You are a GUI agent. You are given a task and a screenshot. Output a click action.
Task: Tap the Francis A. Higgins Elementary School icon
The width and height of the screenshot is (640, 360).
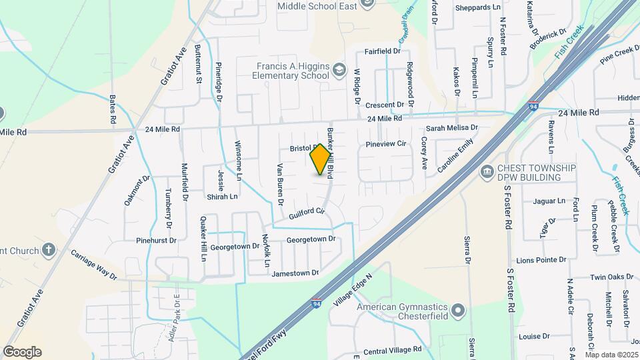coord(339,70)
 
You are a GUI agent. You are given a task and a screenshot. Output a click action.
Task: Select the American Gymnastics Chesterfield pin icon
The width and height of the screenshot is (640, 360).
coord(457,311)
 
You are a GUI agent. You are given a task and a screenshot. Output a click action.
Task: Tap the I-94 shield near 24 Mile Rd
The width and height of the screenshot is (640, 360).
coord(533,107)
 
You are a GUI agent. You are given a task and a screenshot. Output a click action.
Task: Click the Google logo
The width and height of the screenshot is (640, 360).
coord(22,352)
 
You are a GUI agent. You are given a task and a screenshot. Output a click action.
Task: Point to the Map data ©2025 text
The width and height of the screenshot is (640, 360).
coord(611,354)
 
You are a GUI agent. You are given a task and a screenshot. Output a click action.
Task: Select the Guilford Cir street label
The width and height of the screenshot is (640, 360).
coord(307,214)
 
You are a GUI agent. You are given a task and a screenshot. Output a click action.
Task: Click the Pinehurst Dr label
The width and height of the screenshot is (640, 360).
coord(156,240)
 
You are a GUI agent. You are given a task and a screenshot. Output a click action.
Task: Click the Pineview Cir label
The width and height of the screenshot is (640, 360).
coord(386,143)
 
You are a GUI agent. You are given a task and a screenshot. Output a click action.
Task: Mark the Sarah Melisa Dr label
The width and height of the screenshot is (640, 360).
coord(453,127)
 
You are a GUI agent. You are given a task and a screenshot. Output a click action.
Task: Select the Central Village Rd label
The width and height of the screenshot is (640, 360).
coord(393,349)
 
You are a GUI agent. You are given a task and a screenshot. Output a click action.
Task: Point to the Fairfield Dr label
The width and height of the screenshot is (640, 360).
coord(382,51)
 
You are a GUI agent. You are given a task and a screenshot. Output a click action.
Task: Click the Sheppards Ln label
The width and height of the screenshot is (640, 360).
coord(477,7)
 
